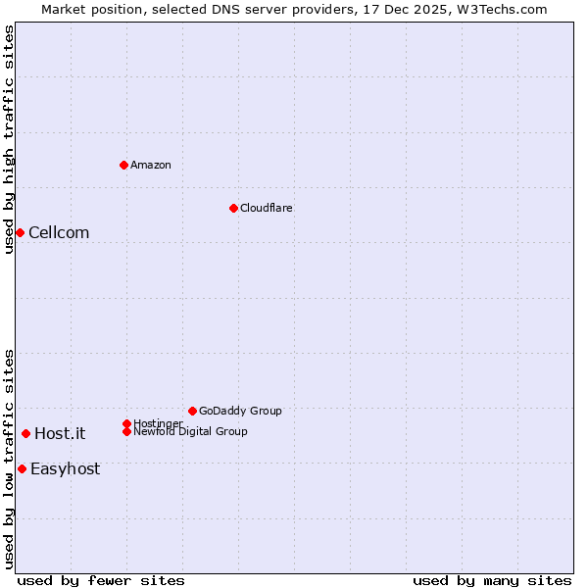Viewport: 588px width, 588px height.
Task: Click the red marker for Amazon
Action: click(123, 165)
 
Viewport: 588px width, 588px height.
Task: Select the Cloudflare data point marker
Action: click(233, 208)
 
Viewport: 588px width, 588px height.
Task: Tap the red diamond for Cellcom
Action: click(20, 232)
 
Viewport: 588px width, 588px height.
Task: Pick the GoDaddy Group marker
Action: click(192, 411)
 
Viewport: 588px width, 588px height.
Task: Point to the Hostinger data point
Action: click(126, 423)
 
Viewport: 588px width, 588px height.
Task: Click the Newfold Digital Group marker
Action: click(126, 431)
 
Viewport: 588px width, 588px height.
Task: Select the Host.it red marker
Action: click(25, 433)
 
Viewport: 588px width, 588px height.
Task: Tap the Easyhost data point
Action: click(22, 468)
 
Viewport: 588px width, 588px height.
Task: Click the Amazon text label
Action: click(150, 165)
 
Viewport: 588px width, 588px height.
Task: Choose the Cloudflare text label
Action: click(266, 208)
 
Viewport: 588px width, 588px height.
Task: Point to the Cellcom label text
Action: click(59, 232)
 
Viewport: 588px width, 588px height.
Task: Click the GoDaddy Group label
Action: click(240, 411)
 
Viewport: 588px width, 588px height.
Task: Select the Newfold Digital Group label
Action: click(190, 431)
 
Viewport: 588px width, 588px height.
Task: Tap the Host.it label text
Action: click(60, 433)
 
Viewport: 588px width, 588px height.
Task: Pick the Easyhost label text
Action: click(65, 468)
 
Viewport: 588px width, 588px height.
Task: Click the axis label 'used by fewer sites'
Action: click(101, 580)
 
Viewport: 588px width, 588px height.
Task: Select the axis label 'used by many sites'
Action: click(492, 580)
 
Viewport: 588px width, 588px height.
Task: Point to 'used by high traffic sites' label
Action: click(10, 139)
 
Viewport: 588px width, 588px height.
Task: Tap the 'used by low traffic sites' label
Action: click(10, 458)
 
